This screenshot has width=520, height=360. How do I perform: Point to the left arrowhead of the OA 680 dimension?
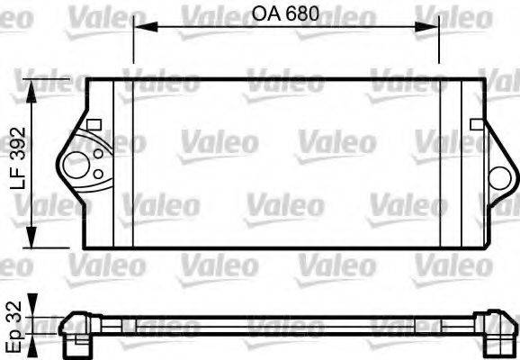[139, 27]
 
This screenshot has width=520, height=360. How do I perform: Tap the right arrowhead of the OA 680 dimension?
[434, 27]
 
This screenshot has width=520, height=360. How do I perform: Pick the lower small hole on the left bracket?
[95, 174]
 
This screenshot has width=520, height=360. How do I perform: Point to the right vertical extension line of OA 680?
[440, 49]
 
